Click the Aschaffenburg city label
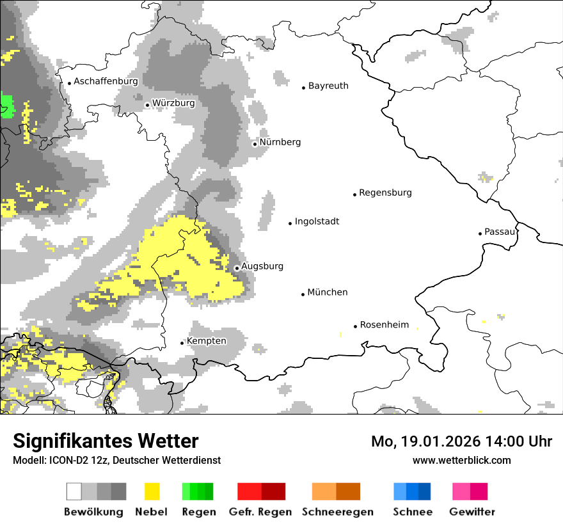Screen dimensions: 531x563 [106, 82]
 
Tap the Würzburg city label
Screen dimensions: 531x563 [173, 103]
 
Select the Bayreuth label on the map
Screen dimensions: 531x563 [328, 86]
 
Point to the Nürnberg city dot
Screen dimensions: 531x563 [255, 144]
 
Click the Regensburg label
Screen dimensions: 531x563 [385, 193]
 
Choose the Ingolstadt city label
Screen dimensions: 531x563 [317, 222]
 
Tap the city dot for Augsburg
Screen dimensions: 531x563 [237, 268]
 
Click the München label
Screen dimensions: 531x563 [328, 292]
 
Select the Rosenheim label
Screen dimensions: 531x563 [385, 325]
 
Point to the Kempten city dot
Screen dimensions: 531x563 [182, 343]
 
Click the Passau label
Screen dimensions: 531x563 [500, 232]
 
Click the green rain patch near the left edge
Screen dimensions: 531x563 [7, 106]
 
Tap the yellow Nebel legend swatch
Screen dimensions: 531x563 [152, 491]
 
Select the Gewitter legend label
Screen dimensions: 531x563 [472, 512]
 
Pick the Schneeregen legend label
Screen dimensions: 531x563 [338, 512]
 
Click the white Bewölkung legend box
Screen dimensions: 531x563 [74, 491]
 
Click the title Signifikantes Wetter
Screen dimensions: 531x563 [106, 441]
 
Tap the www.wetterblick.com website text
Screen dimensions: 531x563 [461, 461]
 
